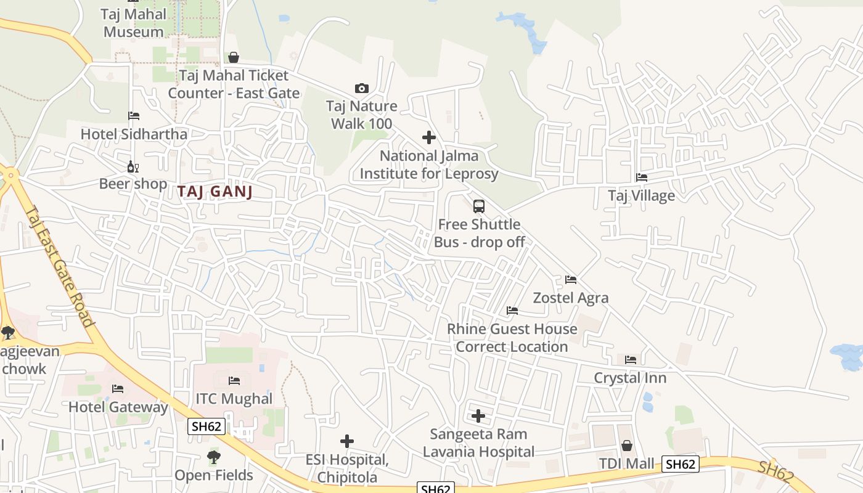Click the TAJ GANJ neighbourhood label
[x=215, y=192]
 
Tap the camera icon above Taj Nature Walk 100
[x=362, y=89]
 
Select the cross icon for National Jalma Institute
[x=429, y=137]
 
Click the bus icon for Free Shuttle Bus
[x=479, y=206]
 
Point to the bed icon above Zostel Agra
[x=571, y=280]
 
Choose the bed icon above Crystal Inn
[x=630, y=360]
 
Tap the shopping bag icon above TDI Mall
[x=627, y=446]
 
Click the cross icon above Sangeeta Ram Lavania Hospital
[x=478, y=416]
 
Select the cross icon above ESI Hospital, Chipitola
[x=347, y=441]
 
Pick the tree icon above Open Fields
[x=214, y=457]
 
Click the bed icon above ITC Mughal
[x=234, y=381]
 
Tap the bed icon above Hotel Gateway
[x=118, y=389]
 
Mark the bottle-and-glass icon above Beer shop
[x=133, y=166]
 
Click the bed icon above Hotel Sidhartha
[x=134, y=116]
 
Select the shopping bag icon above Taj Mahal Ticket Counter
[x=234, y=58]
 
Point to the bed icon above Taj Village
[x=642, y=177]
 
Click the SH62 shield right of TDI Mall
[x=681, y=464]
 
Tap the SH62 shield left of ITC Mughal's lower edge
[x=207, y=426]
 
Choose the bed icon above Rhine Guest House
[x=512, y=311]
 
